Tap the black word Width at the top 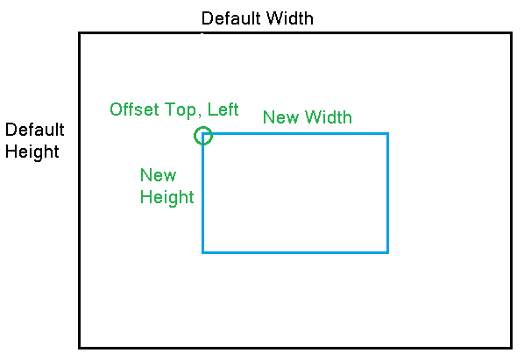click(290, 18)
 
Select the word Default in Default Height click(35, 131)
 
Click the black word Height click(32, 152)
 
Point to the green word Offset click(134, 109)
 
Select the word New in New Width click(280, 117)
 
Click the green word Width click(328, 117)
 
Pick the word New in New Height click(158, 175)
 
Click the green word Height click(166, 197)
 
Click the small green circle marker click(202, 135)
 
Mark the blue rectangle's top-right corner click(387, 134)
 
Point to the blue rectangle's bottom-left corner click(203, 252)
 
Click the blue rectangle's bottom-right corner click(387, 252)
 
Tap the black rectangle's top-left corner click(80, 33)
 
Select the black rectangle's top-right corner click(510, 33)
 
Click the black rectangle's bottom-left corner click(80, 348)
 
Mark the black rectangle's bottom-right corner click(510, 348)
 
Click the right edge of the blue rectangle click(387, 193)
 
